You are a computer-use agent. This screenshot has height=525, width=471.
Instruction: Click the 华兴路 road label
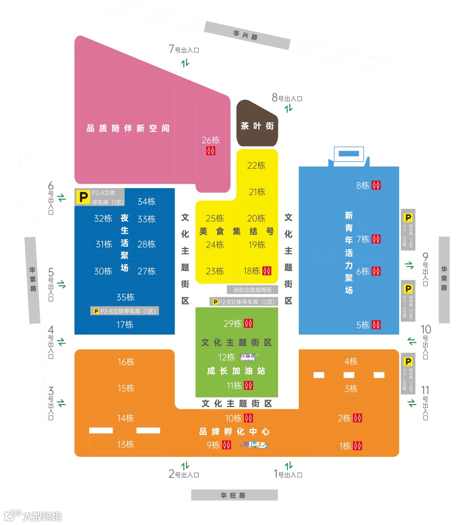(x=247, y=36)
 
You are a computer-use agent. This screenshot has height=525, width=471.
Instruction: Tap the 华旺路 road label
(x=234, y=495)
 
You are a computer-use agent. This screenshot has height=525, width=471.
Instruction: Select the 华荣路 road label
(x=444, y=279)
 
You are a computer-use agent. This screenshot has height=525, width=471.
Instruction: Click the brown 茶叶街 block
(x=258, y=126)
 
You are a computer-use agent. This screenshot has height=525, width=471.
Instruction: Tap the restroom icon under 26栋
(x=211, y=151)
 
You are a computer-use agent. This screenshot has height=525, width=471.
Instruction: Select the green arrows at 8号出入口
(x=288, y=108)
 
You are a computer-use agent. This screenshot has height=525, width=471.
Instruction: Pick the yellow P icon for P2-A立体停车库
(x=83, y=197)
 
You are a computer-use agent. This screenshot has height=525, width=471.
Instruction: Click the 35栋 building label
(x=125, y=297)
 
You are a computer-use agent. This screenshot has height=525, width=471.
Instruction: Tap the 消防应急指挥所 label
(x=252, y=290)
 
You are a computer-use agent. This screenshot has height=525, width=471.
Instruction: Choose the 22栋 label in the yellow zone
(x=256, y=165)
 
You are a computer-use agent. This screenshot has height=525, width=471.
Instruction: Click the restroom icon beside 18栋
(x=268, y=271)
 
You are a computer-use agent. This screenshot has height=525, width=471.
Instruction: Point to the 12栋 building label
(x=226, y=357)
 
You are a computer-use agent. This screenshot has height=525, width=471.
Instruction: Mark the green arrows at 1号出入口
(x=288, y=465)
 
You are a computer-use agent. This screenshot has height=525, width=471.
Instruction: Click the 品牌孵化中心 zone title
(x=235, y=431)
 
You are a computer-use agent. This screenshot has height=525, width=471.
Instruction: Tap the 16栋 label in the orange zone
(x=126, y=362)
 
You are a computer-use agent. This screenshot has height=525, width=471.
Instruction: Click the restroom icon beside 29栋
(x=248, y=323)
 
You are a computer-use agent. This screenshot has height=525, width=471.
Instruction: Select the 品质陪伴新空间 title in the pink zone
(x=128, y=129)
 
